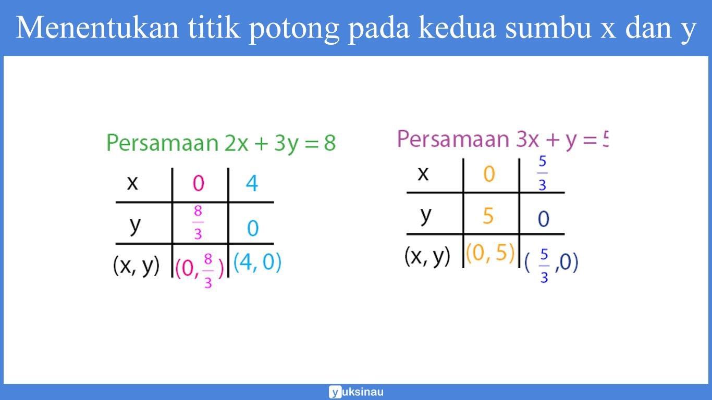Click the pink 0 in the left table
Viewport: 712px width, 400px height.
point(199,183)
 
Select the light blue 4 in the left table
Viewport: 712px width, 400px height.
point(252,183)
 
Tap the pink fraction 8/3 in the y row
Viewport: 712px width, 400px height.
point(198,223)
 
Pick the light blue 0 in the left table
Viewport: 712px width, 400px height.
point(253,228)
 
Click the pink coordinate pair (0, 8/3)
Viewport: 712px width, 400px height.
point(200,270)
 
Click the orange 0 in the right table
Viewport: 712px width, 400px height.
point(489,174)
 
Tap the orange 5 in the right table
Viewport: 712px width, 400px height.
point(488,216)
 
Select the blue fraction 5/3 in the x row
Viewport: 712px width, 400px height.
point(543,173)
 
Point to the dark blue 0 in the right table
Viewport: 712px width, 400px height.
point(543,219)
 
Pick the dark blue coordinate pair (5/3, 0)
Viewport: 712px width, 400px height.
point(551,264)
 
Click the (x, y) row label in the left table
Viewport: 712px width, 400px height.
point(137,266)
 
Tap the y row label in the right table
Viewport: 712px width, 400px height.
point(426,215)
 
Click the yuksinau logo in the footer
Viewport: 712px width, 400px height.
point(357,392)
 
